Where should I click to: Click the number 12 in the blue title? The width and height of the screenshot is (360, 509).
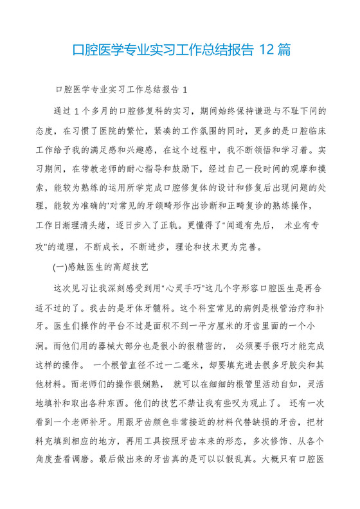[265, 49]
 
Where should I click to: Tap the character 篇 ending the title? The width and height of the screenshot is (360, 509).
[283, 49]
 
